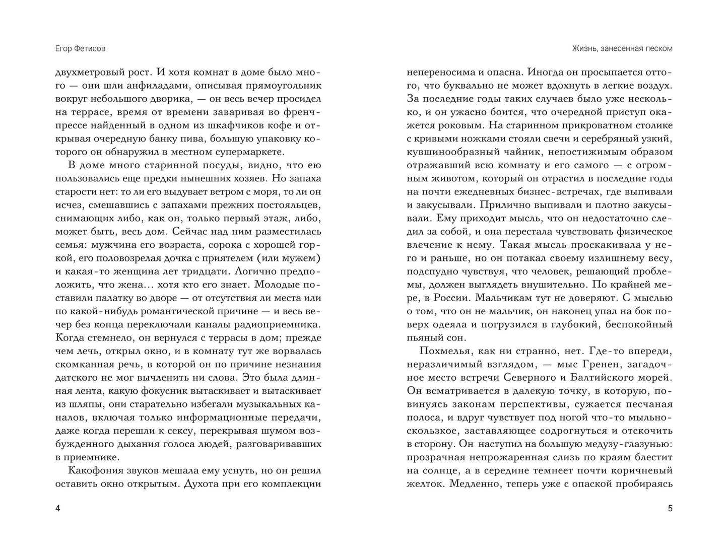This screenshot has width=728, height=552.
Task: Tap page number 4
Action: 57,509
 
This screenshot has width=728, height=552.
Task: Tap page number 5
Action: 670,509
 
